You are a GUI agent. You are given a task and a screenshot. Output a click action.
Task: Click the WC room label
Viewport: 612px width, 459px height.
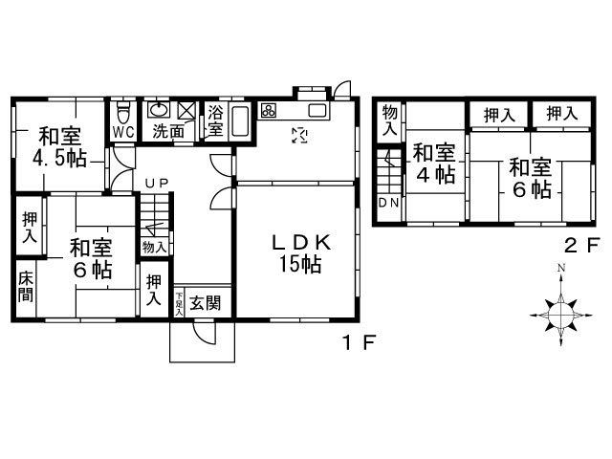(x=123, y=131)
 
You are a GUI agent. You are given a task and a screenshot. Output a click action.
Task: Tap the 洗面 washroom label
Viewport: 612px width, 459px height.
(x=169, y=131)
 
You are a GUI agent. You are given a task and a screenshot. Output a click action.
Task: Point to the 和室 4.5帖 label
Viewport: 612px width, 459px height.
(x=58, y=146)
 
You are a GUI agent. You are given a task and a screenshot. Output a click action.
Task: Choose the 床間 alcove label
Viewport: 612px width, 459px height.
(x=26, y=287)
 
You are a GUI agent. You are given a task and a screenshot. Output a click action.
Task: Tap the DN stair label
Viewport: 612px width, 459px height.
(x=389, y=203)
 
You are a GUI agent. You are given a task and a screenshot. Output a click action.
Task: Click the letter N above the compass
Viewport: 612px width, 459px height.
(x=562, y=267)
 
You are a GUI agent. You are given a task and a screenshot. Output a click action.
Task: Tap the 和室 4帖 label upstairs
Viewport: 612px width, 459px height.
(x=433, y=163)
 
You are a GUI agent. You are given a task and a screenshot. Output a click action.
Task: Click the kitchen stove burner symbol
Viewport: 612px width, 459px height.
(x=269, y=110)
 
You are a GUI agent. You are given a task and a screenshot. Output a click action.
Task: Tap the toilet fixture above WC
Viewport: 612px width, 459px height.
(x=123, y=108)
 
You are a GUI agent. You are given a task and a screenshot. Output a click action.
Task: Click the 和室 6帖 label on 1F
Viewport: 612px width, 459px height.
(x=90, y=257)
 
